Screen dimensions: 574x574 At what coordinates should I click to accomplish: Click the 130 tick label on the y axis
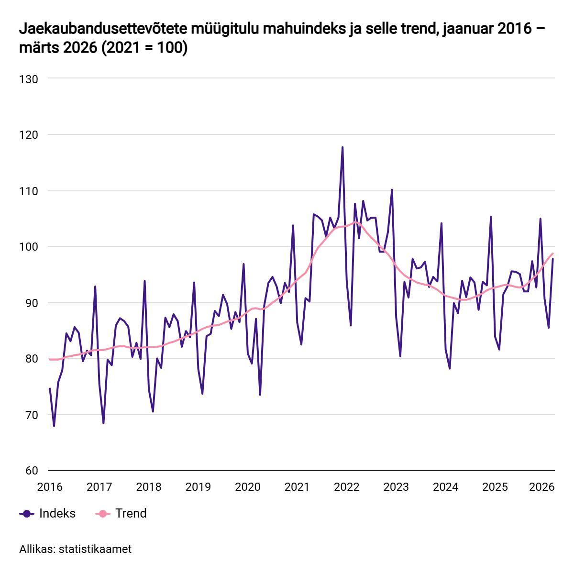pyautogui.click(x=29, y=79)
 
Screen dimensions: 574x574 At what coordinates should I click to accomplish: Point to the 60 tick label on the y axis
pyautogui.click(x=29, y=471)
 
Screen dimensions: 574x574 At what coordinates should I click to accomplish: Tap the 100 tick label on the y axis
pyautogui.click(x=29, y=247)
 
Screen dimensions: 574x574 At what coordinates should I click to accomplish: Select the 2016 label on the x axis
pyautogui.click(x=50, y=487)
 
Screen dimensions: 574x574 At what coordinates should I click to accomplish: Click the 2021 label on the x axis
pyautogui.click(x=297, y=487)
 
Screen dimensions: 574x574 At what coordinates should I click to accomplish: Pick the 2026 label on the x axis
pyautogui.click(x=541, y=487)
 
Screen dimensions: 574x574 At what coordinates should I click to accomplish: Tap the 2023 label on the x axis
pyautogui.click(x=396, y=487)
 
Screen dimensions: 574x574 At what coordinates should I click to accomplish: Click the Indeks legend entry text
pyautogui.click(x=57, y=513)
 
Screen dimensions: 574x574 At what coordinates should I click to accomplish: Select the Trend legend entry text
pyautogui.click(x=131, y=513)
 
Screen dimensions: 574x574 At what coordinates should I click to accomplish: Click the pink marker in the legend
pyautogui.click(x=103, y=514)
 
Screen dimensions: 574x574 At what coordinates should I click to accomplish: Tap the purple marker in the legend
pyautogui.click(x=27, y=514)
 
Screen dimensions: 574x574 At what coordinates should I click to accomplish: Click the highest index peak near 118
pyautogui.click(x=342, y=147)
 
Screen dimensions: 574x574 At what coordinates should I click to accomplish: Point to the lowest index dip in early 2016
pyautogui.click(x=54, y=426)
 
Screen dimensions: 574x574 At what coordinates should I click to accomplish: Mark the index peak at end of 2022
pyautogui.click(x=392, y=189)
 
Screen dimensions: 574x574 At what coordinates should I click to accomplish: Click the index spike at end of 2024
pyautogui.click(x=491, y=217)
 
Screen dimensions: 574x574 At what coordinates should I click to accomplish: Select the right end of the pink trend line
pyautogui.click(x=553, y=254)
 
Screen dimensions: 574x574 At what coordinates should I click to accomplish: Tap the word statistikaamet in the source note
pyautogui.click(x=95, y=549)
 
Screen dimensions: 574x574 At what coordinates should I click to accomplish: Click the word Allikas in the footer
pyautogui.click(x=36, y=549)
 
